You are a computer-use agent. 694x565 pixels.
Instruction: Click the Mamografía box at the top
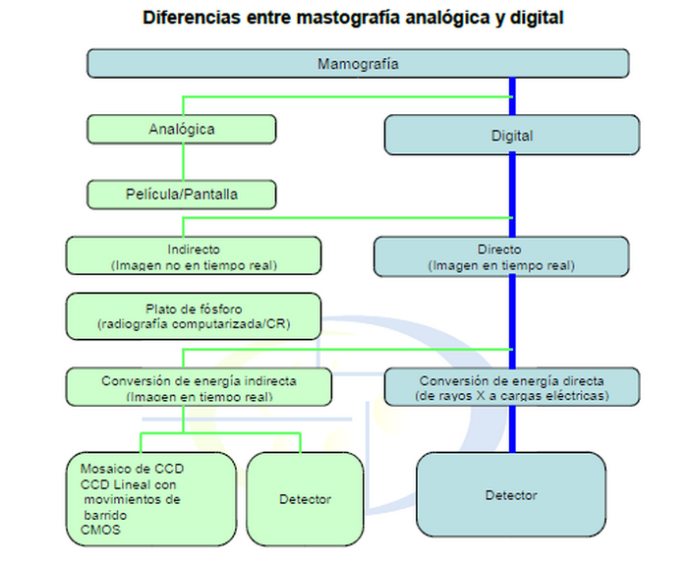[x=358, y=64]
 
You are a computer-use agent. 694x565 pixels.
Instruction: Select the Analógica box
[x=182, y=129]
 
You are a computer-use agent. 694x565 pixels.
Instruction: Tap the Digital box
[x=512, y=135]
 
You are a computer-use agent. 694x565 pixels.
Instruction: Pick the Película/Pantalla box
[x=182, y=195]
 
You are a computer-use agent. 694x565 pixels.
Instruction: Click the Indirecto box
[x=194, y=255]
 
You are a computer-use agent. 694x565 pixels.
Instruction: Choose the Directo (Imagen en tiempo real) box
[x=501, y=256]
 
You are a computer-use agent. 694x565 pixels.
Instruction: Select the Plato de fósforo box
[x=194, y=316]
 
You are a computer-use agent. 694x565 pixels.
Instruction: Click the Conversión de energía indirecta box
[x=199, y=387]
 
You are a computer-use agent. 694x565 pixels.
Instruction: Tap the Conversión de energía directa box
[x=512, y=387]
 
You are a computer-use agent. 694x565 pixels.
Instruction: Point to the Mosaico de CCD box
[x=151, y=499]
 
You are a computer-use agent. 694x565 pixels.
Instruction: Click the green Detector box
[x=305, y=499]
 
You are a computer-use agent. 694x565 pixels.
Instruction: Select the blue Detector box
[x=511, y=494]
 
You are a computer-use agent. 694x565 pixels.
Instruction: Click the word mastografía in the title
[x=348, y=18]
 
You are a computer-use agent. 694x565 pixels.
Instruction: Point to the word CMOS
[x=100, y=530]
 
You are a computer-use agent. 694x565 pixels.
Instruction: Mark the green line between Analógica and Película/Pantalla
[x=183, y=162]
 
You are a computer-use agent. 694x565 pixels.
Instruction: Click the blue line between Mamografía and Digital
[x=512, y=96]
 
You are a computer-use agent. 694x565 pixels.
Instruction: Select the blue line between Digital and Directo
[x=512, y=196]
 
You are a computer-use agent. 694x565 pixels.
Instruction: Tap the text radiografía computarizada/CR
[x=194, y=324]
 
